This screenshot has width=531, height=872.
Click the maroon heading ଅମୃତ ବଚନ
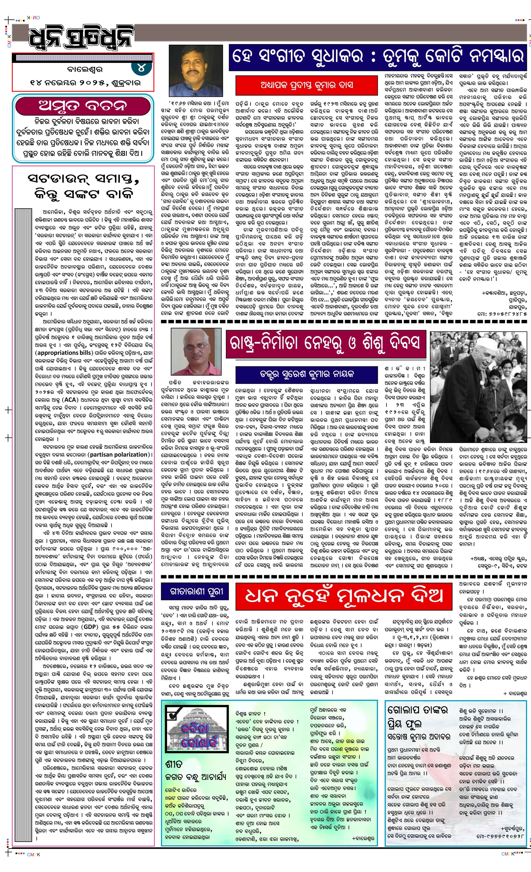tap(82, 106)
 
